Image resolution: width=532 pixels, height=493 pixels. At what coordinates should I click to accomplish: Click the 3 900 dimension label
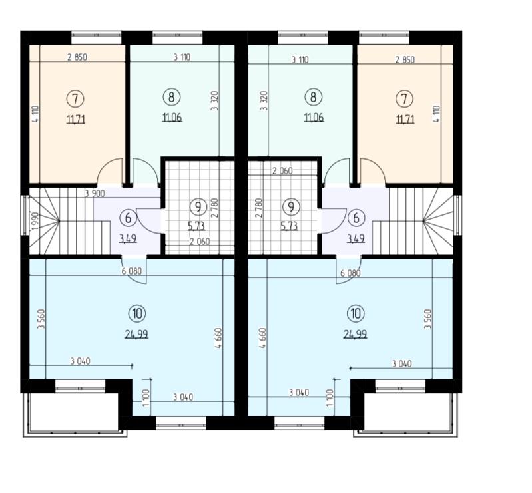click(x=95, y=194)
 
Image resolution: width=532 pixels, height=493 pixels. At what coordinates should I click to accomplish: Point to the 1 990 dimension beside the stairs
click(x=35, y=221)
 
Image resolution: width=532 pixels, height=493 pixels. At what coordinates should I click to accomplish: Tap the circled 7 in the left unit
click(x=75, y=99)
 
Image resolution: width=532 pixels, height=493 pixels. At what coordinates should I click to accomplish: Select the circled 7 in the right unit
click(x=404, y=99)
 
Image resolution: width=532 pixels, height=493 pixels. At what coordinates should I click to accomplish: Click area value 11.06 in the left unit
click(x=172, y=118)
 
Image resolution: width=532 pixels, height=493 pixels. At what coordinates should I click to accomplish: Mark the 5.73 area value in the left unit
click(x=197, y=226)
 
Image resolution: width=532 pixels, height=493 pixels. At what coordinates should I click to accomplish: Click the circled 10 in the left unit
click(x=137, y=313)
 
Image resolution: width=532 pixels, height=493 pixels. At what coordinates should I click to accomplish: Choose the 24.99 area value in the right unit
click(x=356, y=335)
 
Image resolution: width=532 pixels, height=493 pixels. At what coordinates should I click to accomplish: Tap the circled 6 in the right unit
click(x=356, y=218)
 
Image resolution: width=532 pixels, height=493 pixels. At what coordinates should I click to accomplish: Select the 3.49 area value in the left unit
click(x=128, y=238)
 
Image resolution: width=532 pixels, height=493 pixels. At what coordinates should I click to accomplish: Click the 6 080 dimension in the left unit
click(x=132, y=271)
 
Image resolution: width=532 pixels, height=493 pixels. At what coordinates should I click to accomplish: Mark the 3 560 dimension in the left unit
click(x=41, y=319)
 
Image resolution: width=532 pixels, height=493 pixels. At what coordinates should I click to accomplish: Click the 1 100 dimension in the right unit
click(x=331, y=398)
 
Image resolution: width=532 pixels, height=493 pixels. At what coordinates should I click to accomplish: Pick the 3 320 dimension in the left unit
click(x=214, y=100)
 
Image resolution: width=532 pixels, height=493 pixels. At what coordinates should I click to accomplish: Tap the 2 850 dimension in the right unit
click(x=405, y=60)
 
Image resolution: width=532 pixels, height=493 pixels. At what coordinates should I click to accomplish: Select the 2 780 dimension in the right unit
click(x=258, y=208)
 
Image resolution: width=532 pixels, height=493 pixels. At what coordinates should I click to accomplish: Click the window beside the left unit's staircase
click(x=25, y=215)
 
